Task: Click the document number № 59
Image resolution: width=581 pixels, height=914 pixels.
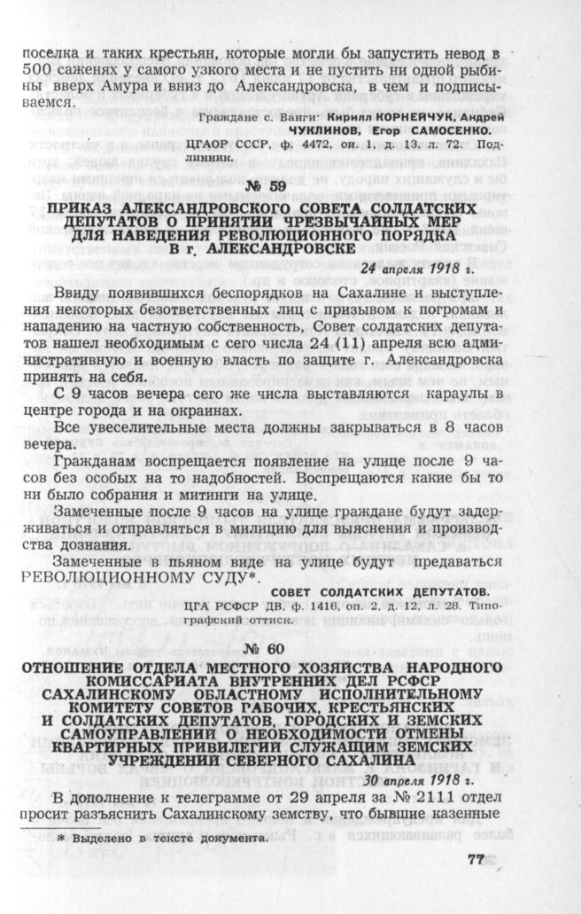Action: [288, 187]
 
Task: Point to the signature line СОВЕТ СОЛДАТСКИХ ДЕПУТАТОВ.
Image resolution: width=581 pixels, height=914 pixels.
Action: [402, 592]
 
